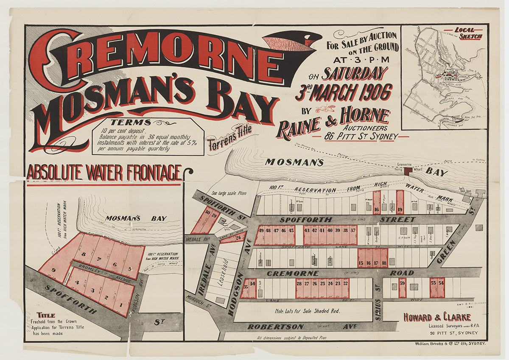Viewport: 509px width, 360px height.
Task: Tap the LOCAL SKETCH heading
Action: (468, 33)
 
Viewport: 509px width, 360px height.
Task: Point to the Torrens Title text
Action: (229, 138)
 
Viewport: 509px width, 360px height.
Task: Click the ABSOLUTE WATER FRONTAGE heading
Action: (104, 173)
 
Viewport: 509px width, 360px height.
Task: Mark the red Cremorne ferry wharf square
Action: (407, 170)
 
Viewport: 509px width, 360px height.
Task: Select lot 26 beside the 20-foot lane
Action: (238, 237)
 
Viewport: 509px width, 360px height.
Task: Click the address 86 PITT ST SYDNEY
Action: (360, 137)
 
